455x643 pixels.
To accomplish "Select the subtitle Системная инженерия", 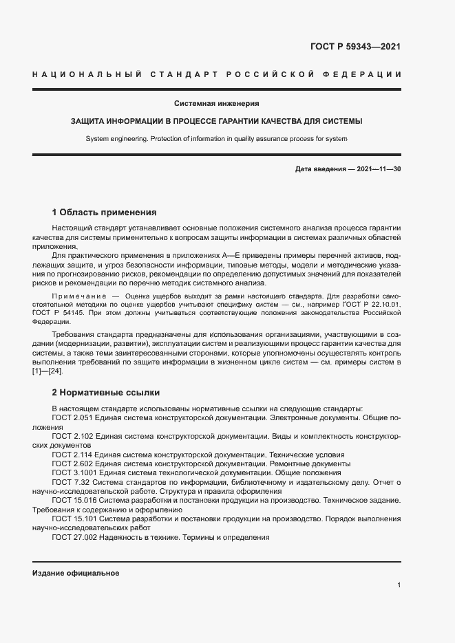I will pyautogui.click(x=216, y=103).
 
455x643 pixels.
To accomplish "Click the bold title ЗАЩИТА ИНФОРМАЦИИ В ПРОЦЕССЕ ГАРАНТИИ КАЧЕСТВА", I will pyautogui.click(x=216, y=121).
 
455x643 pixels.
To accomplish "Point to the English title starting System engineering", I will pyautogui.click(x=216, y=138).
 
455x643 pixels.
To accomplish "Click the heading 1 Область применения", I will pyautogui.click(x=105, y=212).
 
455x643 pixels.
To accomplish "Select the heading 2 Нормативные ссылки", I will pyautogui.click(x=105, y=393).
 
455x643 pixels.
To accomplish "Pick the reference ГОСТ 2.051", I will pyautogui.click(x=74, y=417).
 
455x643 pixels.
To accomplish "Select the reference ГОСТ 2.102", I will pyautogui.click(x=74, y=436).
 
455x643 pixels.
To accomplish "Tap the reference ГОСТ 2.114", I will pyautogui.click(x=74, y=455).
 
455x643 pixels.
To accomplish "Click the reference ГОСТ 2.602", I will pyautogui.click(x=74, y=464).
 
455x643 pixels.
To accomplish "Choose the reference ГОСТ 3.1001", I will pyautogui.click(x=75, y=473).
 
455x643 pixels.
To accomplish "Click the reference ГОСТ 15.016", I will pyautogui.click(x=75, y=501).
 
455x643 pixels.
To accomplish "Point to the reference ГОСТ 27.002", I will pyautogui.click(x=75, y=538).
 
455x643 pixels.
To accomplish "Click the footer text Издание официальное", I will pyautogui.click(x=76, y=573).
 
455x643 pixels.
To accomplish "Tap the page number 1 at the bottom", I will pyautogui.click(x=399, y=585).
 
